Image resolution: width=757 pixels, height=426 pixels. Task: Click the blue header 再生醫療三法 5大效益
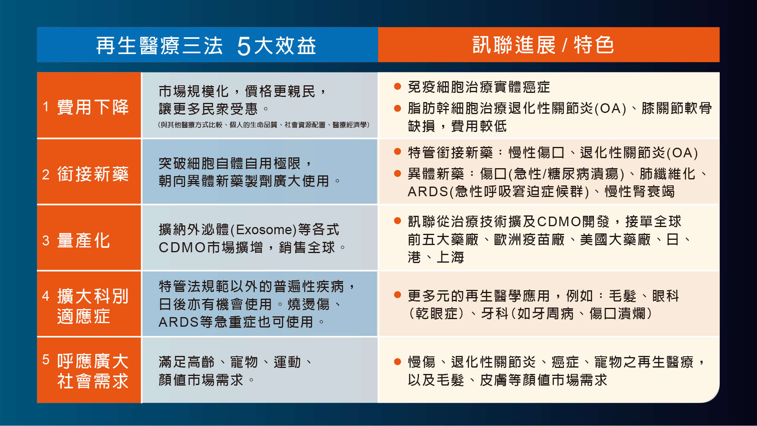206,45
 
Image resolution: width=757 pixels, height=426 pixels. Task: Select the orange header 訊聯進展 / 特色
543,44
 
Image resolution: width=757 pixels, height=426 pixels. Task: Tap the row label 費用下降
93,107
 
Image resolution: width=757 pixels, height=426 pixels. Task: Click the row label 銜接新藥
93,174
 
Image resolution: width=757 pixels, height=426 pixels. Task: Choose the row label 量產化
84,241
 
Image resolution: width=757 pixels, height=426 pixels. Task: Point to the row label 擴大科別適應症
93,306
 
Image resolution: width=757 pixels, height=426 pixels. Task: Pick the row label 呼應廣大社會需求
93,371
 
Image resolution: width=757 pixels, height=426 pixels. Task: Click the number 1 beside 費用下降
46,107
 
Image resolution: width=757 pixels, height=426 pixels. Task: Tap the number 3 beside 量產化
46,241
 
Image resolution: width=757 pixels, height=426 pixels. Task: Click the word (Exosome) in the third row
264,229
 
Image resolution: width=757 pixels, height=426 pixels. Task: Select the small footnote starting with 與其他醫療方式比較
264,125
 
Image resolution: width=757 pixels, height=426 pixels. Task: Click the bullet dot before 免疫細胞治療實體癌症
398,86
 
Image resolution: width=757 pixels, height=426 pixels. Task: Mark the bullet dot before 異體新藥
398,173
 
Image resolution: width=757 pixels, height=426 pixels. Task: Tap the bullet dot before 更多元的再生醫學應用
398,295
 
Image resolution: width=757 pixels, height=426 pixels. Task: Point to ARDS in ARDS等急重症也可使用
179,322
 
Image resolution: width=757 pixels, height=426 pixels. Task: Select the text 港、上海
436,257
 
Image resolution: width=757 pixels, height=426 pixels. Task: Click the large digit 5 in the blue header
244,46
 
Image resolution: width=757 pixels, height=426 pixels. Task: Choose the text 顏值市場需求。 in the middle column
207,380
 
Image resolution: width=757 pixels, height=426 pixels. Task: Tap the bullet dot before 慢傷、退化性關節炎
398,362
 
